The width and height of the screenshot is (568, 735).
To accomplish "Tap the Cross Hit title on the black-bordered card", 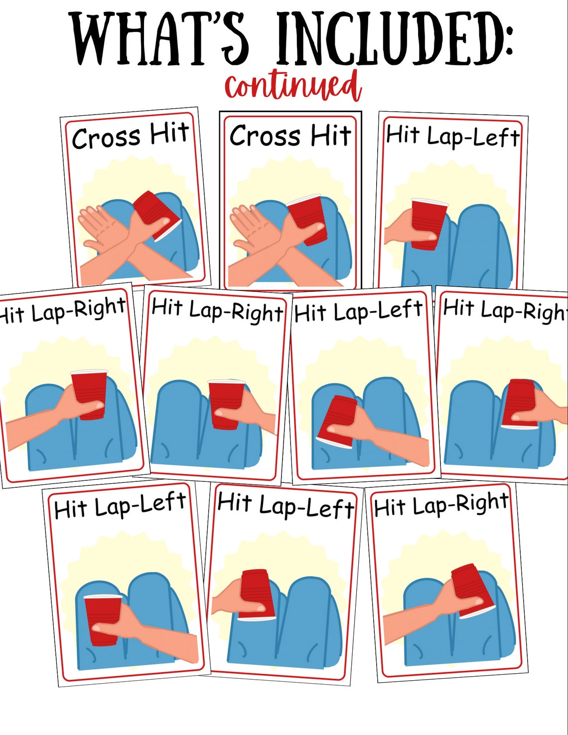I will (290, 136).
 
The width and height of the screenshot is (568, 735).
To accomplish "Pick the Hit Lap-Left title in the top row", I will (452, 136).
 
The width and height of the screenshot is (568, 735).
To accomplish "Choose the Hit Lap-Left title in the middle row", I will (358, 311).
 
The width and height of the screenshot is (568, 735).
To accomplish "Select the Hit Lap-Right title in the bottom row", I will (441, 505).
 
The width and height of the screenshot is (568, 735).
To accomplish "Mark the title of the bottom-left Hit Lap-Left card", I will (120, 505).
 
